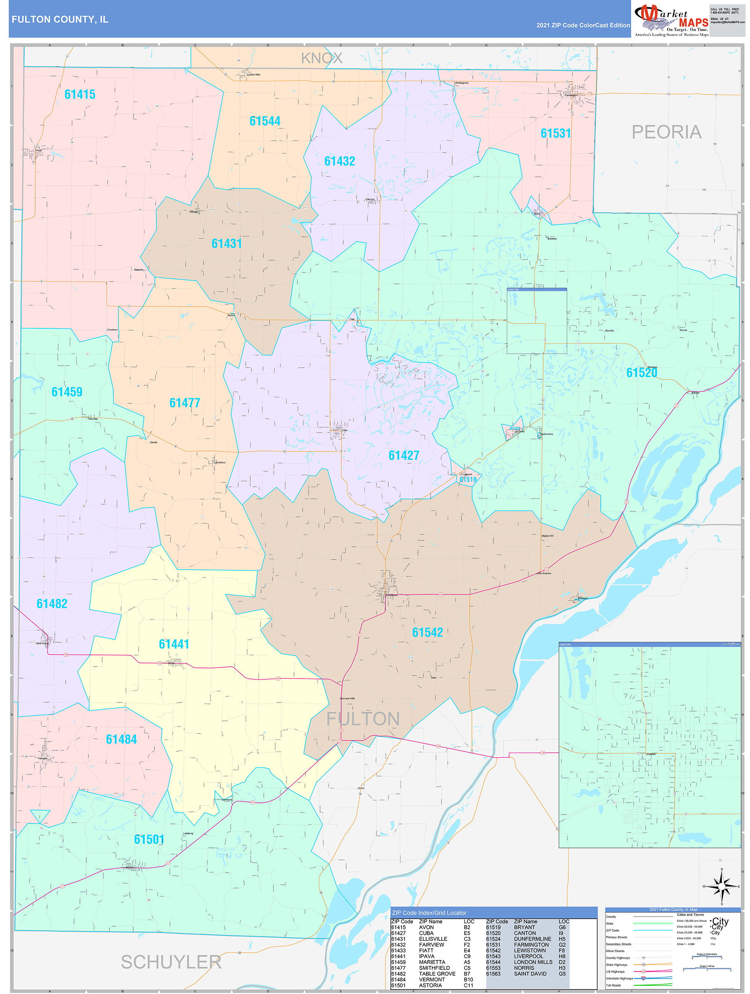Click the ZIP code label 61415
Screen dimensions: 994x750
(x=80, y=94)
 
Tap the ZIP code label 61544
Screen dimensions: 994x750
(x=265, y=121)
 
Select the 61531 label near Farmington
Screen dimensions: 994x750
(x=555, y=133)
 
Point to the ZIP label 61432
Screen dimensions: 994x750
(x=340, y=161)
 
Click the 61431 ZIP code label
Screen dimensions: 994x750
(x=227, y=244)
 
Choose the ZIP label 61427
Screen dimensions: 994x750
(x=403, y=456)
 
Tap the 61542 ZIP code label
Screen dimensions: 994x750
(x=427, y=632)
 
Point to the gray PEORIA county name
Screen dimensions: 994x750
(x=666, y=132)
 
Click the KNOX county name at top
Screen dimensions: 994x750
(x=322, y=58)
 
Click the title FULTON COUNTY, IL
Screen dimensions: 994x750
(x=60, y=19)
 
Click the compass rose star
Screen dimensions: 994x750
(x=721, y=886)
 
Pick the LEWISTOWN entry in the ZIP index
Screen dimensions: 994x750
(x=530, y=950)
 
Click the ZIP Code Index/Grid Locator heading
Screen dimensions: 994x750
(x=429, y=913)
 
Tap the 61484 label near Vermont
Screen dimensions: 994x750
(x=121, y=739)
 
